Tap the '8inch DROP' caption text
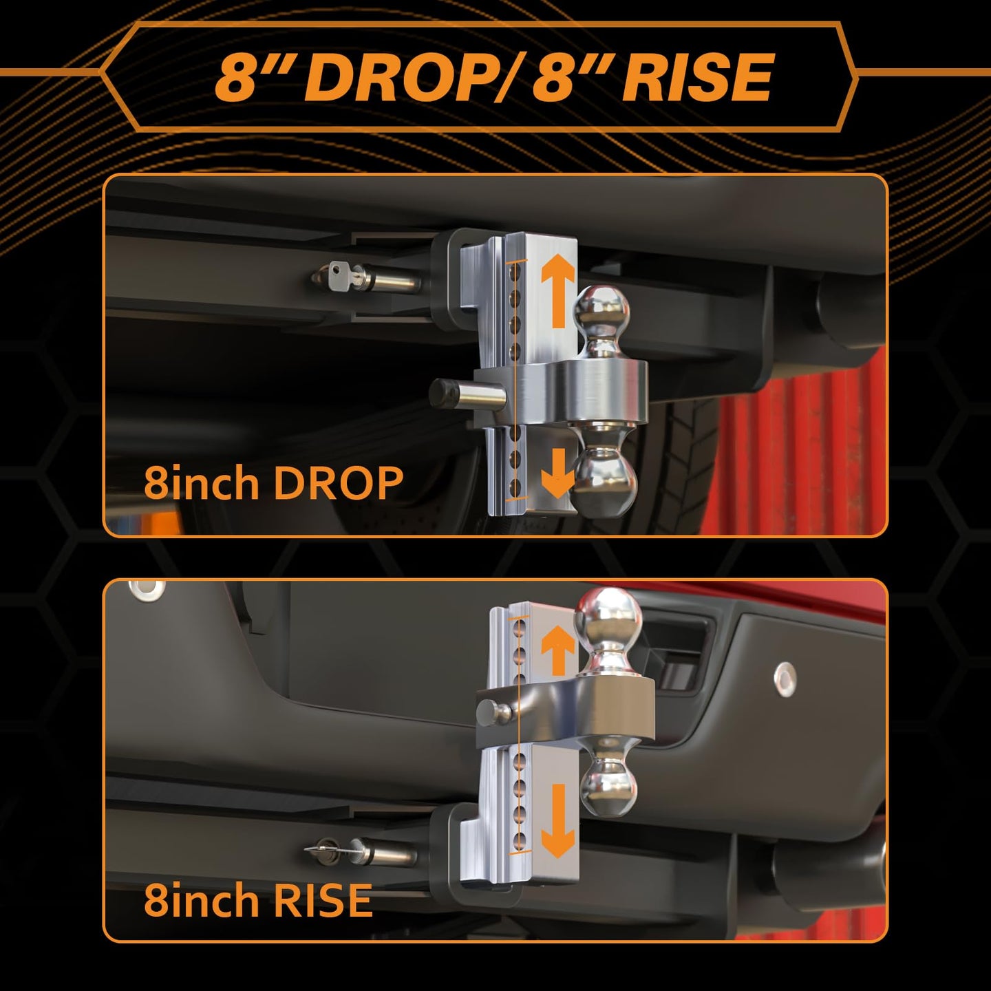[273, 483]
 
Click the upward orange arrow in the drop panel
[557, 291]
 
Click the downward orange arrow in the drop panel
[557, 473]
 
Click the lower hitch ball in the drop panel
[604, 482]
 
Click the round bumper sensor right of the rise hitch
[785, 679]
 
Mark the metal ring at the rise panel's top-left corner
[147, 590]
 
